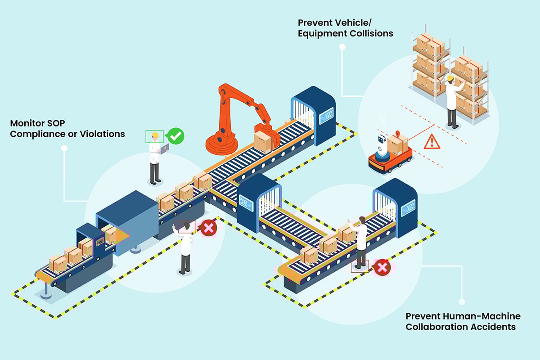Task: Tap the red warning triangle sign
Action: point(432,142)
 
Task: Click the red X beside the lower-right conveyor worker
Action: point(382,267)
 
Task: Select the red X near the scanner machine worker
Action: point(208,228)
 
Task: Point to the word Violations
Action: point(100,134)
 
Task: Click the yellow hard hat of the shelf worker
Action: point(450,78)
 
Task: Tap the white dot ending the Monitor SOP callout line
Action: point(64,148)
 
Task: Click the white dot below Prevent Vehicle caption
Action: point(342,46)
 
